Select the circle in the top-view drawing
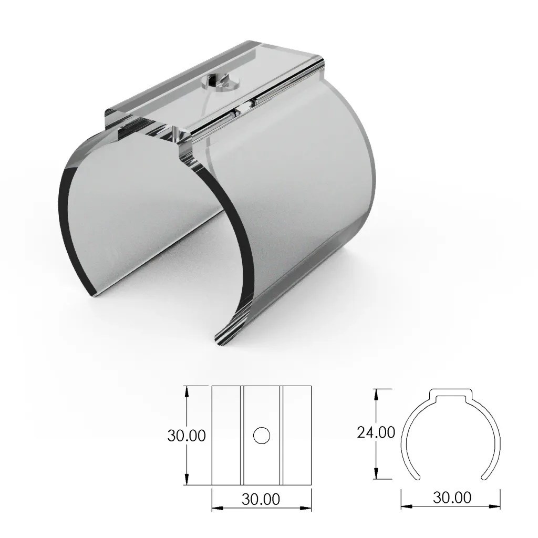pyautogui.click(x=261, y=436)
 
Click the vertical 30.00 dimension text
pyautogui.click(x=186, y=436)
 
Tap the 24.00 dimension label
pyautogui.click(x=376, y=433)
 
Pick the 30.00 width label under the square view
pyautogui.click(x=261, y=499)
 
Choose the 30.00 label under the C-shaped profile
pyautogui.click(x=452, y=496)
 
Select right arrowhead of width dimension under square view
pyautogui.click(x=307, y=508)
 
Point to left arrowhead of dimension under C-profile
pyautogui.click(x=405, y=506)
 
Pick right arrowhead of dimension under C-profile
pyautogui.click(x=495, y=506)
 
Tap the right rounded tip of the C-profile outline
pyautogui.click(x=483, y=477)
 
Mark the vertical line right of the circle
pyautogui.click(x=281, y=436)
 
